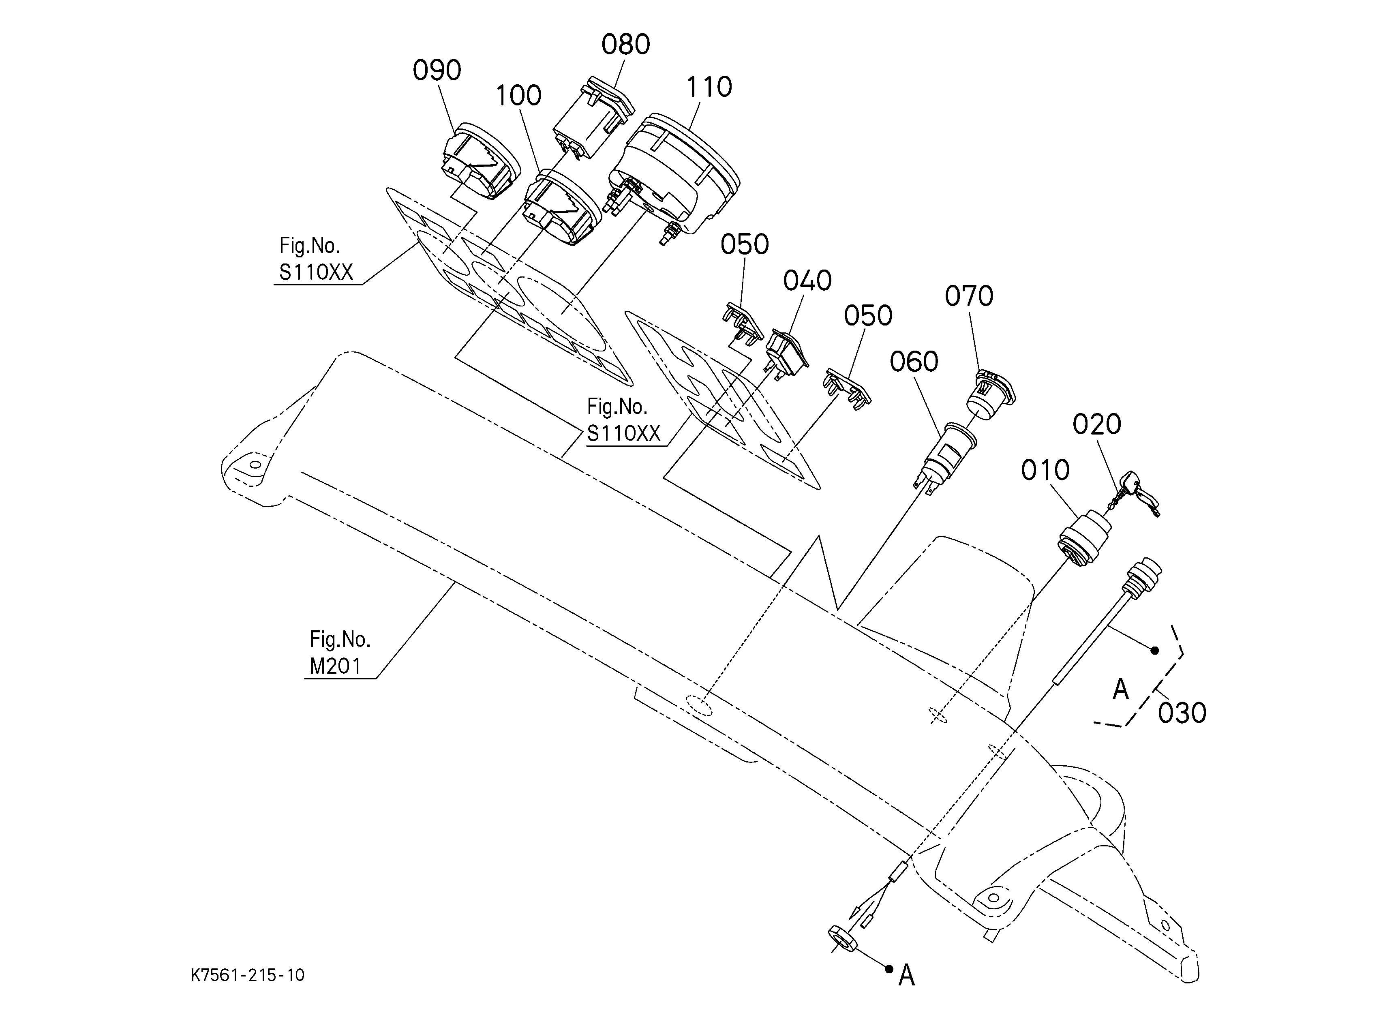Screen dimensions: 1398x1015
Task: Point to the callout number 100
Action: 518,96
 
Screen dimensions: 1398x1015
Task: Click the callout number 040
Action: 807,281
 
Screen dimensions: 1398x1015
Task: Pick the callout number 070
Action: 969,296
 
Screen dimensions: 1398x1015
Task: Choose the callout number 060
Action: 914,362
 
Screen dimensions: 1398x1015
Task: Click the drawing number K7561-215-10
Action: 248,975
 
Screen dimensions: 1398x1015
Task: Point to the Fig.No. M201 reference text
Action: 340,653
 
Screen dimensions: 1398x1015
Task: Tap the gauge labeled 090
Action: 482,161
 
